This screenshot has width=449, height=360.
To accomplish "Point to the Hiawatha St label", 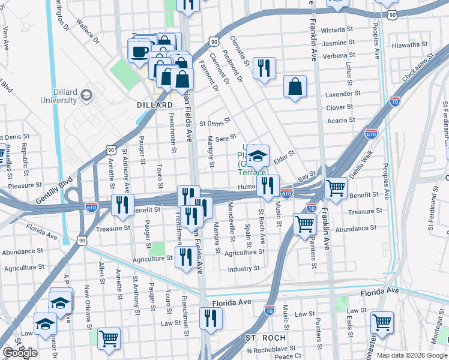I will (x=408, y=44).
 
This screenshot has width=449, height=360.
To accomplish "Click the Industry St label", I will (x=244, y=269).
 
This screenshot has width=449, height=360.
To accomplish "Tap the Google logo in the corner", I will (x=20, y=352).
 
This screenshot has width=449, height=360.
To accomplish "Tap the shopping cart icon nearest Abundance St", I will (x=305, y=224).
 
